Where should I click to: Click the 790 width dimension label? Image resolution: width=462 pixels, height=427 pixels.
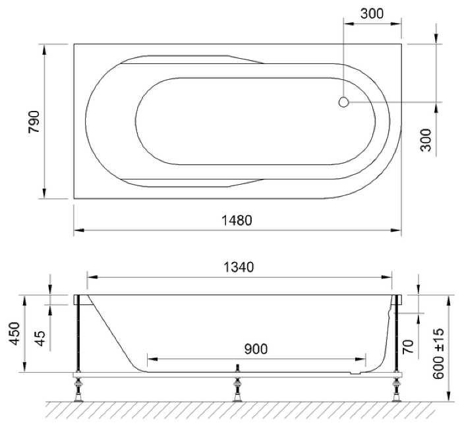click(x=34, y=121)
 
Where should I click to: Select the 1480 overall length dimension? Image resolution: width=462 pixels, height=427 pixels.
click(x=237, y=220)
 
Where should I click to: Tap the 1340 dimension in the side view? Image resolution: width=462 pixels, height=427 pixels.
click(x=239, y=267)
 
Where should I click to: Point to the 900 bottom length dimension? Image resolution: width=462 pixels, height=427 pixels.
click(x=256, y=349)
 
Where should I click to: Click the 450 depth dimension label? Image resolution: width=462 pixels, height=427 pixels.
click(x=14, y=333)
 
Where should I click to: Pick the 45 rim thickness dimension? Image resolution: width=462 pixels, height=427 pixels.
click(x=40, y=338)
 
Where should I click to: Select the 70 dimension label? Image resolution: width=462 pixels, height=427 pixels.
click(x=409, y=346)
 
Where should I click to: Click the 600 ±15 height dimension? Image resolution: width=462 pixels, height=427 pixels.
click(x=439, y=354)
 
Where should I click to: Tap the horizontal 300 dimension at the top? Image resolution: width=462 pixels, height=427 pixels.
click(x=372, y=14)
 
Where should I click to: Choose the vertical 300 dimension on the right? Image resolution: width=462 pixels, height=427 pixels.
click(x=426, y=140)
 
